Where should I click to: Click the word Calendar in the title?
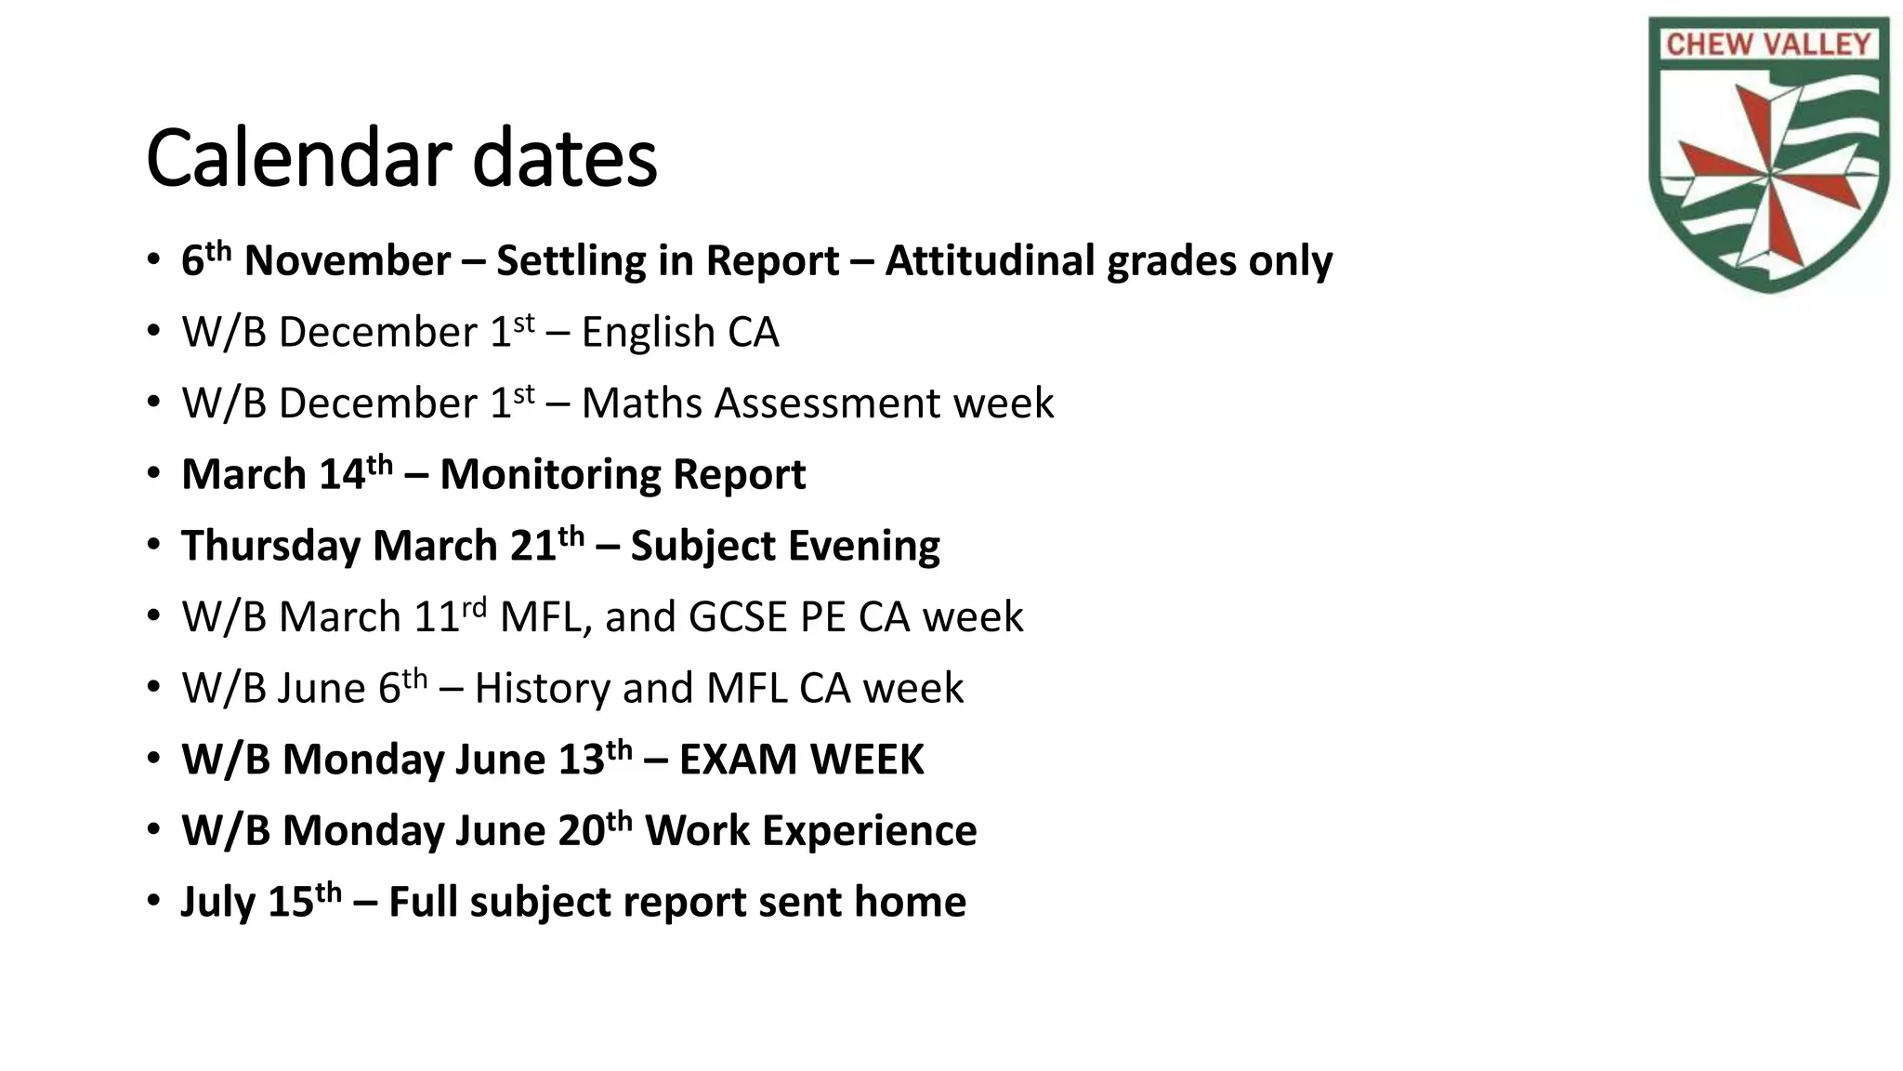click(299, 158)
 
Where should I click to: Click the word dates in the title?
click(564, 158)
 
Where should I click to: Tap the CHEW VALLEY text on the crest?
click(1767, 44)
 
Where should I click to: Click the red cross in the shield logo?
click(1769, 172)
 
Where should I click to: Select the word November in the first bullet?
click(347, 261)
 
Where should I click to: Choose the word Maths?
click(640, 403)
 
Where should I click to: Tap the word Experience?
click(869, 831)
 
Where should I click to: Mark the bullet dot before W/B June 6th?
click(153, 689)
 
